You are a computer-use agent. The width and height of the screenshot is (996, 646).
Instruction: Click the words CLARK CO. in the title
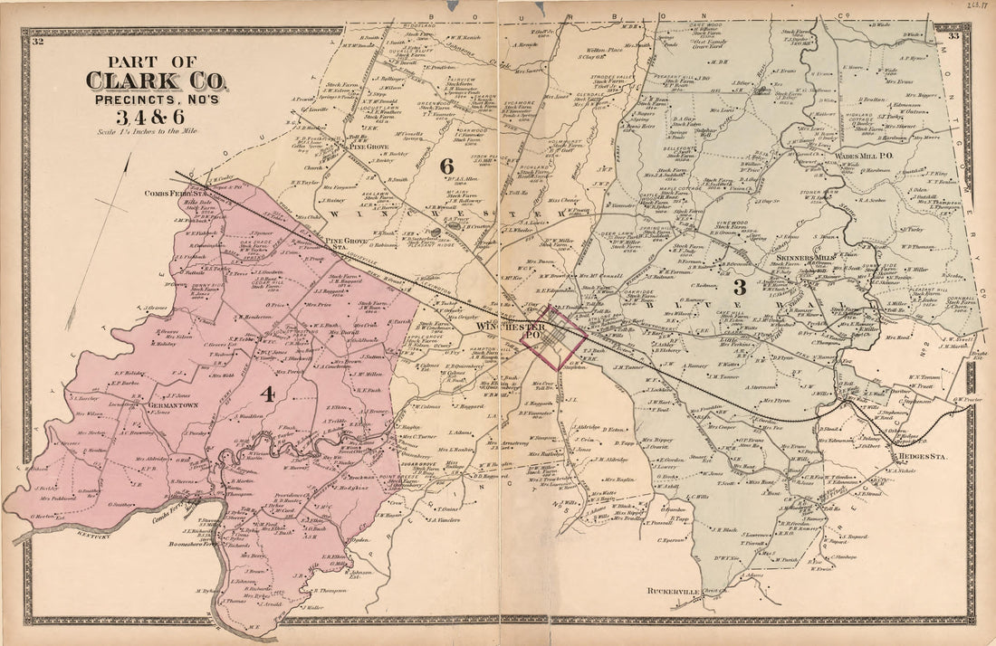point(158,81)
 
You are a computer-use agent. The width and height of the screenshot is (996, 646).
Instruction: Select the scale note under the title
point(155,131)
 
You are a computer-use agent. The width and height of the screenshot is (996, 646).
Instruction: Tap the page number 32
point(37,41)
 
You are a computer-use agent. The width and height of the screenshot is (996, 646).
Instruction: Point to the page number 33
point(954,36)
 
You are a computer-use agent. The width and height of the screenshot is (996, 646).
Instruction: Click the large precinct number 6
point(445,165)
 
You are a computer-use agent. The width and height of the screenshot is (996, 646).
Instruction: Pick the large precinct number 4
point(267,393)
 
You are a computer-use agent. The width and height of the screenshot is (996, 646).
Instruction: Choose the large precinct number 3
point(738,288)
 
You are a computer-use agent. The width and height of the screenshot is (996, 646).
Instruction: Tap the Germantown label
point(148,405)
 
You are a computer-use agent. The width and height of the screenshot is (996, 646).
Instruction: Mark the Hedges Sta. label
point(918,457)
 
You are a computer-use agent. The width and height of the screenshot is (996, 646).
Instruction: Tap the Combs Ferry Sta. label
point(169,192)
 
